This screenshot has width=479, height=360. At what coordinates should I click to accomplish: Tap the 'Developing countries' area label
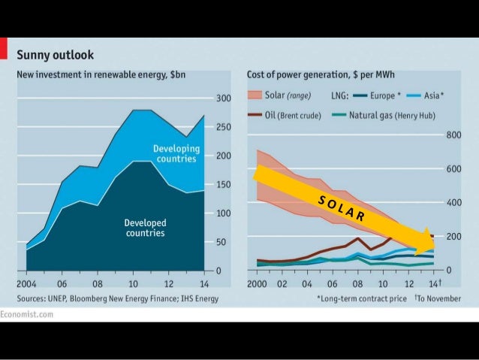175,153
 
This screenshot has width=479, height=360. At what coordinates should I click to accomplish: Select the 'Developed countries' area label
145,228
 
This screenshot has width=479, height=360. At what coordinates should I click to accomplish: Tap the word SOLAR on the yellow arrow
341,209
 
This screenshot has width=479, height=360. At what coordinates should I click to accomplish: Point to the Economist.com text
27,314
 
